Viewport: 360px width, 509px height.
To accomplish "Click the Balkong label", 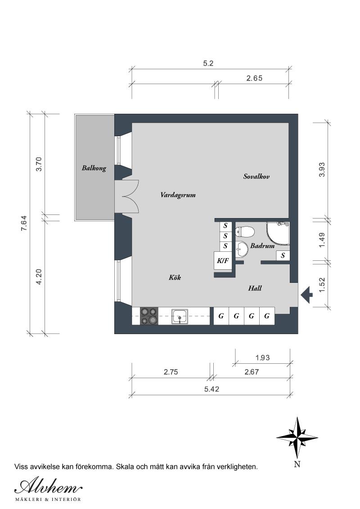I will [94, 168].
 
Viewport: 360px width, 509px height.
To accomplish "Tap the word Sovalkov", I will [256, 177].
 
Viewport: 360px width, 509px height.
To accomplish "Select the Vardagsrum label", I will [178, 195].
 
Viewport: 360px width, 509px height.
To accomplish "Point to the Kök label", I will [175, 278].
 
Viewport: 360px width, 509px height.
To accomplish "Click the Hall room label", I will [255, 288].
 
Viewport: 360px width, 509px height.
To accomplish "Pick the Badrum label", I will [262, 246].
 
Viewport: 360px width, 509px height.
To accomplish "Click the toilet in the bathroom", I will [245, 232].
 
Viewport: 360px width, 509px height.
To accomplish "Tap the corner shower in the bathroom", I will [277, 232].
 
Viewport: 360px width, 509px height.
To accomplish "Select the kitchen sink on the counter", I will [180, 317].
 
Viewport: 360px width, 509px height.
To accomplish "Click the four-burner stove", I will [149, 316].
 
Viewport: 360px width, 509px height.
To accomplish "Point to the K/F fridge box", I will [222, 260].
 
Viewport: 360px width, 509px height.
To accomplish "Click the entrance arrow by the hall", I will [307, 295].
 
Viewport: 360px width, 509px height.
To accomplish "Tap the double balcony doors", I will [127, 196].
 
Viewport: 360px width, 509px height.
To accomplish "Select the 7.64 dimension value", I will [24, 223].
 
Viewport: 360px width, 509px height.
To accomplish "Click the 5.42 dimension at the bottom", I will [211, 389].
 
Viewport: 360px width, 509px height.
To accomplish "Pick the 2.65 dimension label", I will [254, 78].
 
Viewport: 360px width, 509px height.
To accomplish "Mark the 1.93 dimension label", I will [262, 358].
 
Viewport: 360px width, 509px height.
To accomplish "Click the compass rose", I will [297, 437].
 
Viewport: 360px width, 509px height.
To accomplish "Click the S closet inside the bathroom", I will [283, 255].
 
